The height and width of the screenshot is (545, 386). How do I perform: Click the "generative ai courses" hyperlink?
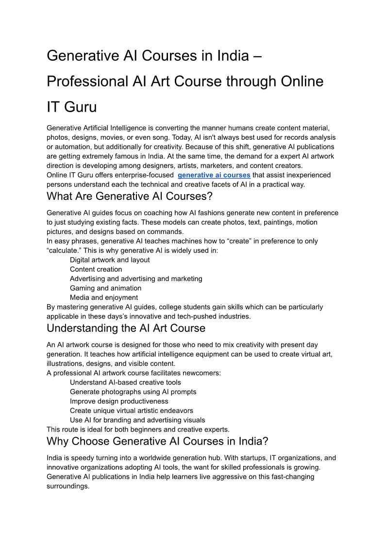214,175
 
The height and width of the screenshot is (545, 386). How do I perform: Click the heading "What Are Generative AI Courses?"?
130,197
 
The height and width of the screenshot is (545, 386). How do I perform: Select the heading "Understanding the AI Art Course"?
126,328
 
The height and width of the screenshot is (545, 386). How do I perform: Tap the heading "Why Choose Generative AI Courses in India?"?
157,441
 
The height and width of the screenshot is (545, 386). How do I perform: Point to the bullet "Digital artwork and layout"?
110,260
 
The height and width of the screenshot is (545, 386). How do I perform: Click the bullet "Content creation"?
96,269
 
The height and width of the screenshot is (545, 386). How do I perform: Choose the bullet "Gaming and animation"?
105,288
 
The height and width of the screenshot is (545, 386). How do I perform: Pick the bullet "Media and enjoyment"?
103,297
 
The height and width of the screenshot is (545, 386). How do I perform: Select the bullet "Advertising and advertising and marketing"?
136,279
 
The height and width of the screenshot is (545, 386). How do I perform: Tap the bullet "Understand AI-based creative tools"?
125,382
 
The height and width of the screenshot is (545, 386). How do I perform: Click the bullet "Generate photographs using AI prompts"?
133,392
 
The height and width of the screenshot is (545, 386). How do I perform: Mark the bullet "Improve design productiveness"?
119,401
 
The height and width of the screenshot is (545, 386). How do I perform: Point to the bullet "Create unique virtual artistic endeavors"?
131,411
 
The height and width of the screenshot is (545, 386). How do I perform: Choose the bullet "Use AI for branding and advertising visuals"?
137,420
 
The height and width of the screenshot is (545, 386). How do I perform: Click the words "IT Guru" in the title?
72,107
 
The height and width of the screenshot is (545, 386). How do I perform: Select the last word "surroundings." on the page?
68,486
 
